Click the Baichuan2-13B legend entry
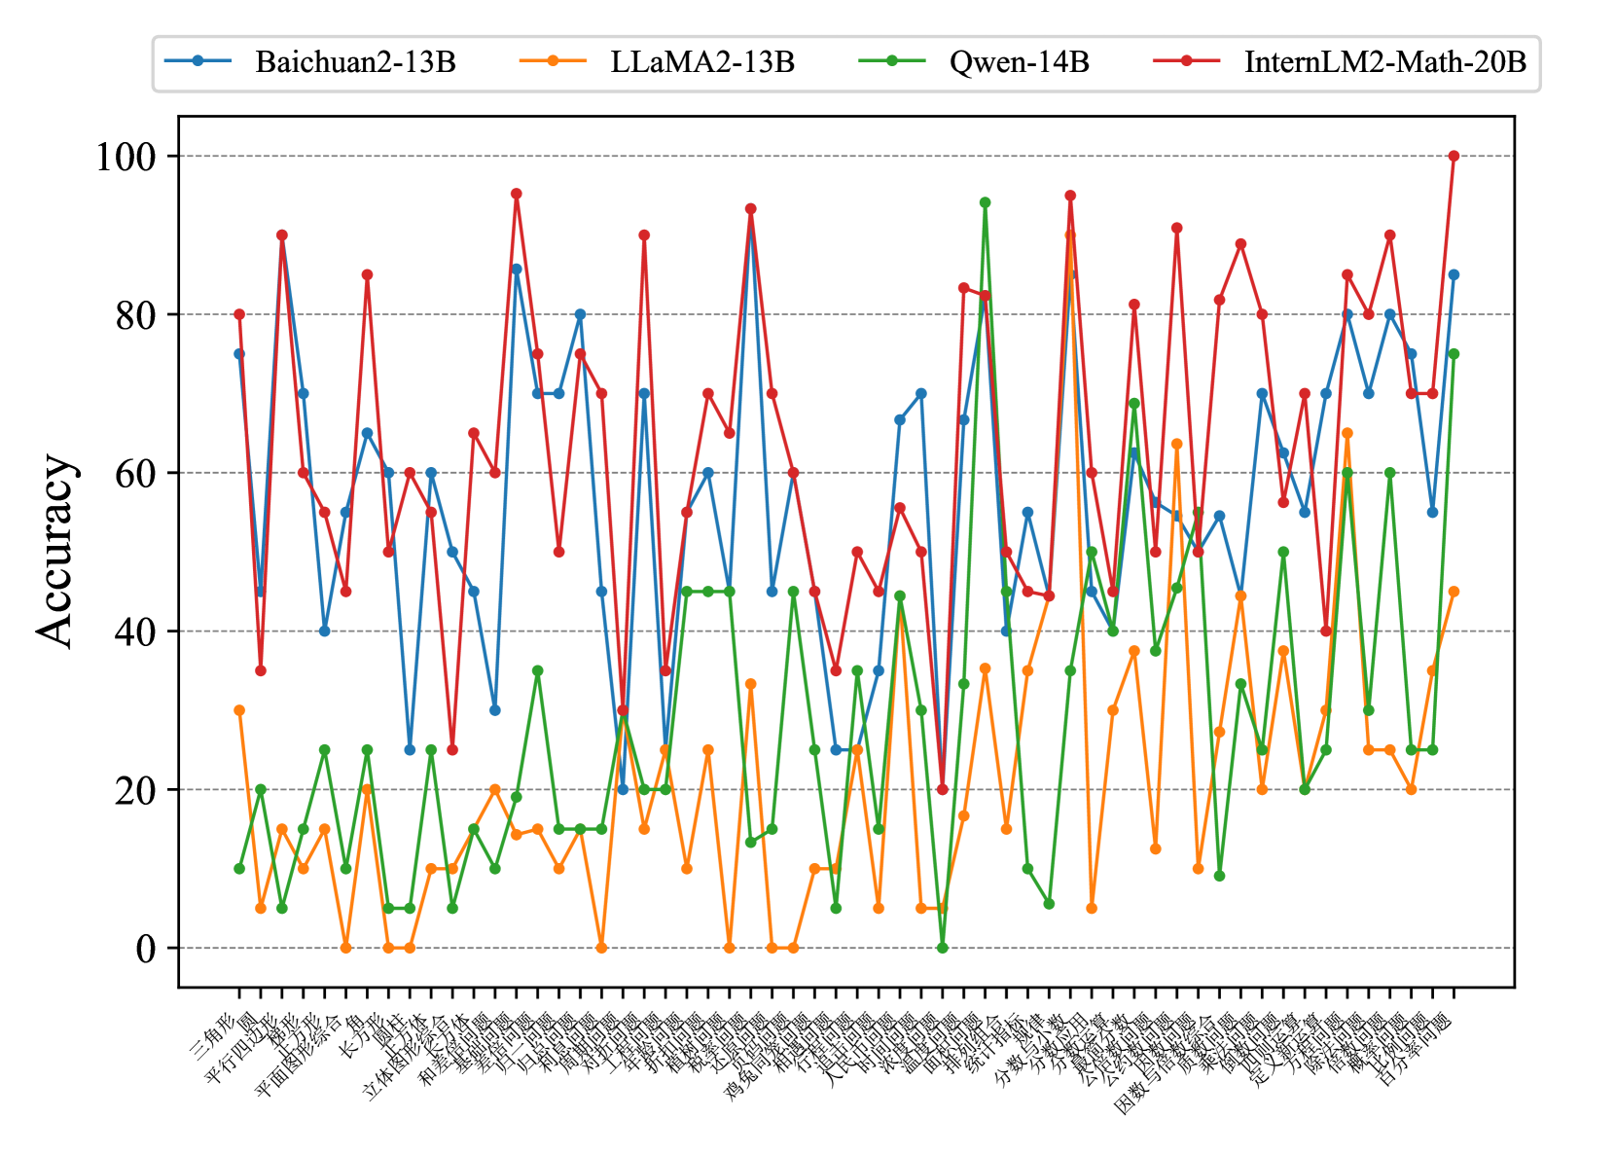(x=355, y=62)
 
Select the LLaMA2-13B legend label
(x=702, y=62)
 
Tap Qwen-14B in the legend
(x=1019, y=62)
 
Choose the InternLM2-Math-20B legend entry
(x=1384, y=62)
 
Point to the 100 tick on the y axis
(x=126, y=157)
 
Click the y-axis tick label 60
(x=136, y=474)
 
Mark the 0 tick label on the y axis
(x=146, y=949)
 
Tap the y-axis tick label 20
(x=136, y=790)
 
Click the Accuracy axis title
(x=55, y=550)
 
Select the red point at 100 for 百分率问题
(x=1454, y=156)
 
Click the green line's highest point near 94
(x=985, y=202)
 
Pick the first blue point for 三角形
(x=239, y=354)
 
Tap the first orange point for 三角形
(x=239, y=710)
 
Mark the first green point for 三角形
(x=239, y=869)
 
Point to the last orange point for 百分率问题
(x=1454, y=592)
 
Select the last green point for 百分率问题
(x=1454, y=354)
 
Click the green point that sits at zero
(x=942, y=948)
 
